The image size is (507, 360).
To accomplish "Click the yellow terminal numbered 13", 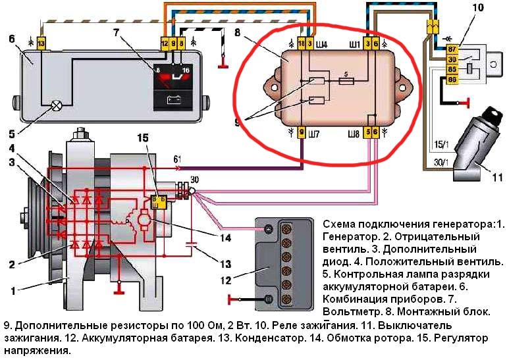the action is click(x=41, y=43).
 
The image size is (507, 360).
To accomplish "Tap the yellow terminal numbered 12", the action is click(x=165, y=43).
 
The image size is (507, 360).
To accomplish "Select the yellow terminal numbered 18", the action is click(x=302, y=43).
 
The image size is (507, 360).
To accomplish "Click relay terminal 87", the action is click(x=452, y=49).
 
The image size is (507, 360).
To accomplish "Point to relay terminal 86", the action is click(x=452, y=80).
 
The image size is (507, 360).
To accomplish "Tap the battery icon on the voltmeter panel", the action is click(x=174, y=99).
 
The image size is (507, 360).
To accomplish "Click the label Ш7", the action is click(x=314, y=133).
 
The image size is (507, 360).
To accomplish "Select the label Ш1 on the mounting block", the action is click(x=354, y=44).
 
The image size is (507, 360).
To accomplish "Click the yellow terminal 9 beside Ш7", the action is click(x=302, y=133).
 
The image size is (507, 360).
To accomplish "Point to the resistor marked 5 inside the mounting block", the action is click(x=346, y=81).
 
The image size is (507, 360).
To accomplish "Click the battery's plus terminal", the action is click(x=269, y=230).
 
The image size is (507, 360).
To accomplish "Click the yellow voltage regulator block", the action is click(x=159, y=202).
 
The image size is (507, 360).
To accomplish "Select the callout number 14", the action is click(x=225, y=238).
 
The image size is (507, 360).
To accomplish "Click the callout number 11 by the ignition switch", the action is click(x=497, y=177).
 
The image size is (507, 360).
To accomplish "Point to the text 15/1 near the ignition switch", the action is click(x=442, y=144).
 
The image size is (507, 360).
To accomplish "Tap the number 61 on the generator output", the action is click(x=177, y=159).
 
